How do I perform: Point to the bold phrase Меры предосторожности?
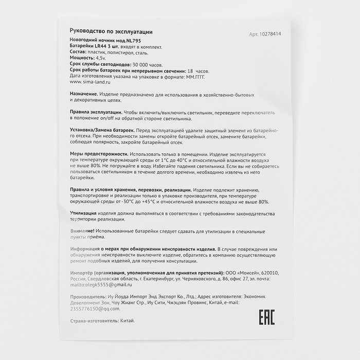pos(98,154)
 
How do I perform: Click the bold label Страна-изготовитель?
pos(95,321)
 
